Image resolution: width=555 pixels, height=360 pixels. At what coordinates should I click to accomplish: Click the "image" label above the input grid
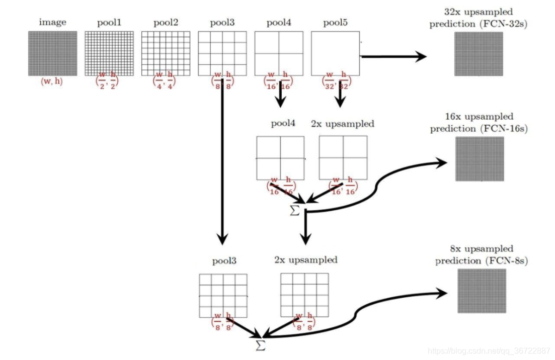pyautogui.click(x=53, y=23)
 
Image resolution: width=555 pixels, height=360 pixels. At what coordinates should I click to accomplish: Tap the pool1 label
pyautogui.click(x=109, y=23)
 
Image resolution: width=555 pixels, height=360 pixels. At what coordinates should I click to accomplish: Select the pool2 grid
pyautogui.click(x=166, y=53)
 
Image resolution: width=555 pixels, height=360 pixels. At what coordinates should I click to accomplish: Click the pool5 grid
pyautogui.click(x=335, y=53)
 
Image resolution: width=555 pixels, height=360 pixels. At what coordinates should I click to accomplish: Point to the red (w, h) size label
pyautogui.click(x=52, y=81)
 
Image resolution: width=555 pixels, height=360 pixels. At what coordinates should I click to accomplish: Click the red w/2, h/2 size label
pyautogui.click(x=109, y=81)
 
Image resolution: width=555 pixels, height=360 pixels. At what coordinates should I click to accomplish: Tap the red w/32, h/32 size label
pyautogui.click(x=336, y=81)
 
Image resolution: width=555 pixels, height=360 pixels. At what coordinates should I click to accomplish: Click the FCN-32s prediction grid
pyautogui.click(x=479, y=54)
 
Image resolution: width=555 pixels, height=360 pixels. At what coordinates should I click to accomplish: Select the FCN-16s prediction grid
pyautogui.click(x=479, y=159)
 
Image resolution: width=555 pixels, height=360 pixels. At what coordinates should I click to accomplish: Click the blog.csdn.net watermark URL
pyautogui.click(x=488, y=350)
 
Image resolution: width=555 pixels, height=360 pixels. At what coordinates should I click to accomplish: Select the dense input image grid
pyautogui.click(x=52, y=53)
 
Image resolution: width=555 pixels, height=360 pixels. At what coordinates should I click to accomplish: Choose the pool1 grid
pyautogui.click(x=109, y=53)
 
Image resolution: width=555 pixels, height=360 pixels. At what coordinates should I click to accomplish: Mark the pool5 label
pyautogui.click(x=335, y=23)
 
